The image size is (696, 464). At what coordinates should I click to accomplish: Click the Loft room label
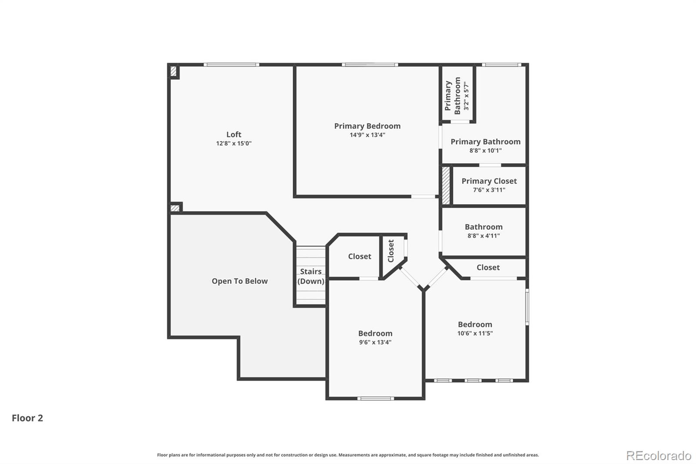pyautogui.click(x=234, y=134)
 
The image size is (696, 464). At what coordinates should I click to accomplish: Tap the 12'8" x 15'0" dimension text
pyautogui.click(x=234, y=143)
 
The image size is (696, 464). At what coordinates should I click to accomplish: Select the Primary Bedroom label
pyautogui.click(x=367, y=126)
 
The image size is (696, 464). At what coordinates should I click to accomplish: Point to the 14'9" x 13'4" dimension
pyautogui.click(x=367, y=135)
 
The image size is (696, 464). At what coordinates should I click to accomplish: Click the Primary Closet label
pyautogui.click(x=489, y=181)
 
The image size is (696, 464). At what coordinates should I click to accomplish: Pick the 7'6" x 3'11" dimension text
pyautogui.click(x=489, y=190)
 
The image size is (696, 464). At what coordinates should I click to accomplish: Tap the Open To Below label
pyautogui.click(x=240, y=281)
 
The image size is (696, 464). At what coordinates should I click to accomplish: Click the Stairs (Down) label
pyautogui.click(x=311, y=276)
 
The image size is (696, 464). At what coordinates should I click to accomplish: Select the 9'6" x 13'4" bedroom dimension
pyautogui.click(x=375, y=342)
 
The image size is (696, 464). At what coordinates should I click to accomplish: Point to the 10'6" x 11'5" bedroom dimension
pyautogui.click(x=475, y=333)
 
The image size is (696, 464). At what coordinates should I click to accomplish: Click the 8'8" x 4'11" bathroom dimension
pyautogui.click(x=483, y=236)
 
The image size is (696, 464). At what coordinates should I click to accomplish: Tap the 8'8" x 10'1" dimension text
pyautogui.click(x=485, y=151)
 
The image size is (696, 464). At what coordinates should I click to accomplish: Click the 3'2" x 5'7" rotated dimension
pyautogui.click(x=466, y=96)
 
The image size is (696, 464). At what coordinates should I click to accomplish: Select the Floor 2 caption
pyautogui.click(x=27, y=418)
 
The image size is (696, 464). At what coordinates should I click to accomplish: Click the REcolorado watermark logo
pyautogui.click(x=658, y=456)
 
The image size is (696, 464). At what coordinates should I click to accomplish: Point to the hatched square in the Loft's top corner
pyautogui.click(x=173, y=71)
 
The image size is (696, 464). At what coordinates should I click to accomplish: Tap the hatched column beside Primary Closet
pyautogui.click(x=445, y=185)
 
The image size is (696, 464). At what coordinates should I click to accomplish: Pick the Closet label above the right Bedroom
pyautogui.click(x=488, y=267)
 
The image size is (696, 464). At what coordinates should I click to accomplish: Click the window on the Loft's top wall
pyautogui.click(x=231, y=65)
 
